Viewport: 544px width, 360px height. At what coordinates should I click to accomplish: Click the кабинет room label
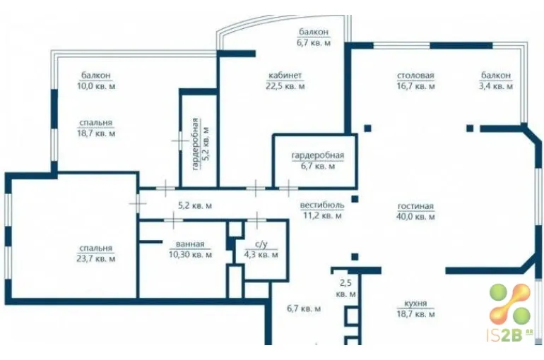[x=285, y=76]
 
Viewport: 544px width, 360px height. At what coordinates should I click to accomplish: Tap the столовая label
[x=415, y=76]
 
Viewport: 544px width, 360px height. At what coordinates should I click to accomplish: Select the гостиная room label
[x=415, y=207]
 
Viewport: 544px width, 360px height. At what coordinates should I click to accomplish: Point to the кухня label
[x=415, y=304]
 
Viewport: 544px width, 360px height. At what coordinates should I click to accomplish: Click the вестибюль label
[x=322, y=205]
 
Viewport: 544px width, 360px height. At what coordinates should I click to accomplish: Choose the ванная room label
[x=190, y=244]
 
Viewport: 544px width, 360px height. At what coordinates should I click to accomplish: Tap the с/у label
[x=261, y=244]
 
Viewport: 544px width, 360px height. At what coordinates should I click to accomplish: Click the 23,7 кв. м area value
[x=96, y=259]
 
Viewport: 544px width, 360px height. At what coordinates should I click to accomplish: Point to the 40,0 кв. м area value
[x=415, y=217]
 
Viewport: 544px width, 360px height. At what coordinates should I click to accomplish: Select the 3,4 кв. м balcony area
[x=496, y=86]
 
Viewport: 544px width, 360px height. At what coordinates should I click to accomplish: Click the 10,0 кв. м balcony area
[x=96, y=86]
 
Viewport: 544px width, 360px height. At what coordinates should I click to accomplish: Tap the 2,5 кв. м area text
[x=346, y=288]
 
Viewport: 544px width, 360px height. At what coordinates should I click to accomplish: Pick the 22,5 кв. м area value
[x=285, y=86]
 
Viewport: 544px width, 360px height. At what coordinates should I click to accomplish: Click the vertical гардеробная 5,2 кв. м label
[x=201, y=144]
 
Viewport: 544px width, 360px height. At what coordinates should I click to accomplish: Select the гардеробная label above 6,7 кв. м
[x=318, y=155]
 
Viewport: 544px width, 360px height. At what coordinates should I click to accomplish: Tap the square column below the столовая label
[x=368, y=128]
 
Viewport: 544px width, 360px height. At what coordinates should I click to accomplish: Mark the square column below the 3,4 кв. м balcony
[x=470, y=128]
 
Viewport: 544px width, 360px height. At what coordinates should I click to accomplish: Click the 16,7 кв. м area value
[x=415, y=86]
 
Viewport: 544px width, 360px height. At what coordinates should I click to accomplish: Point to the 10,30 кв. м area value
[x=190, y=255]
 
